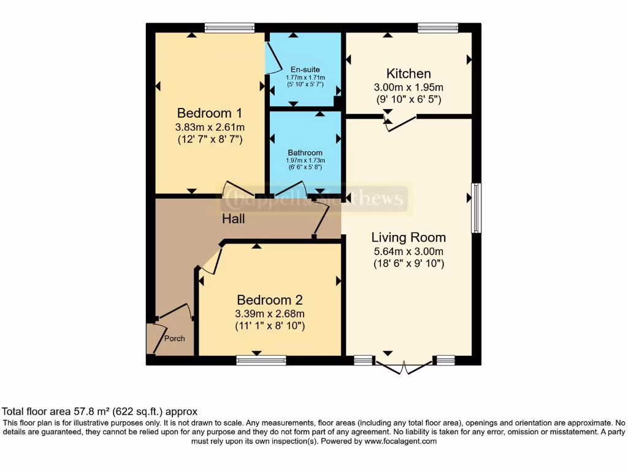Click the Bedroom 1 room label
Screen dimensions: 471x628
[x=209, y=113]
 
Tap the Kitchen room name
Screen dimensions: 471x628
[x=408, y=74]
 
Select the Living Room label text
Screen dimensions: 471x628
[x=408, y=237]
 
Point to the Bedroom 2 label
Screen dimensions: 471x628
[x=270, y=300]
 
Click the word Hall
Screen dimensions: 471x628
[x=233, y=218]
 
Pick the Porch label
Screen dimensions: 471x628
[x=174, y=339]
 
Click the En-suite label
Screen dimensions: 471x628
[x=305, y=69]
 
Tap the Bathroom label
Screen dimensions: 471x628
[x=305, y=153]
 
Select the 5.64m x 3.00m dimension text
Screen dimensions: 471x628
[x=408, y=251]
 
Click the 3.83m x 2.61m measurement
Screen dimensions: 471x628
[x=209, y=128]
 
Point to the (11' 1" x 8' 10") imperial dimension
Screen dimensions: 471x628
[x=270, y=326]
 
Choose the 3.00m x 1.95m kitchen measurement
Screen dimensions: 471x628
[x=408, y=87]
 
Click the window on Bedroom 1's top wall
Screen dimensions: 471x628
[x=229, y=28]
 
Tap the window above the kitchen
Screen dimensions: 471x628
[x=438, y=28]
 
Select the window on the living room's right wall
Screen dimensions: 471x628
[x=476, y=208]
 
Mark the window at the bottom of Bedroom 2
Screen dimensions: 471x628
[x=261, y=360]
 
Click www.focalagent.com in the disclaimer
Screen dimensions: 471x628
[x=400, y=441]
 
